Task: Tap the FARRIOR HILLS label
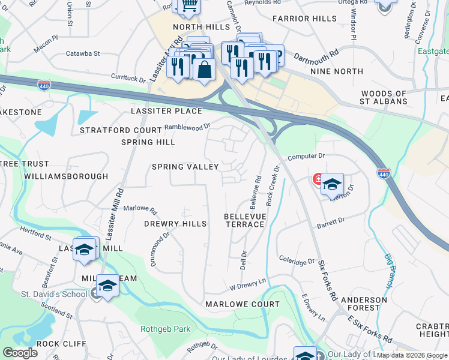(x=304, y=19)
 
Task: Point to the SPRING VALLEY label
(x=185, y=167)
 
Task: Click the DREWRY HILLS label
(x=175, y=224)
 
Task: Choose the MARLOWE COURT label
(x=243, y=304)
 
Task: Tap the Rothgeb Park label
(x=165, y=329)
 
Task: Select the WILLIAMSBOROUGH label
(x=66, y=176)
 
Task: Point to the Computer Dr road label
(x=306, y=156)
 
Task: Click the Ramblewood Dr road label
(x=187, y=127)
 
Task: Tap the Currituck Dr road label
(x=128, y=78)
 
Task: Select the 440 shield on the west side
(x=43, y=85)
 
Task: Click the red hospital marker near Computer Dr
(x=316, y=179)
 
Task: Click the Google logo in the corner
(x=20, y=353)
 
